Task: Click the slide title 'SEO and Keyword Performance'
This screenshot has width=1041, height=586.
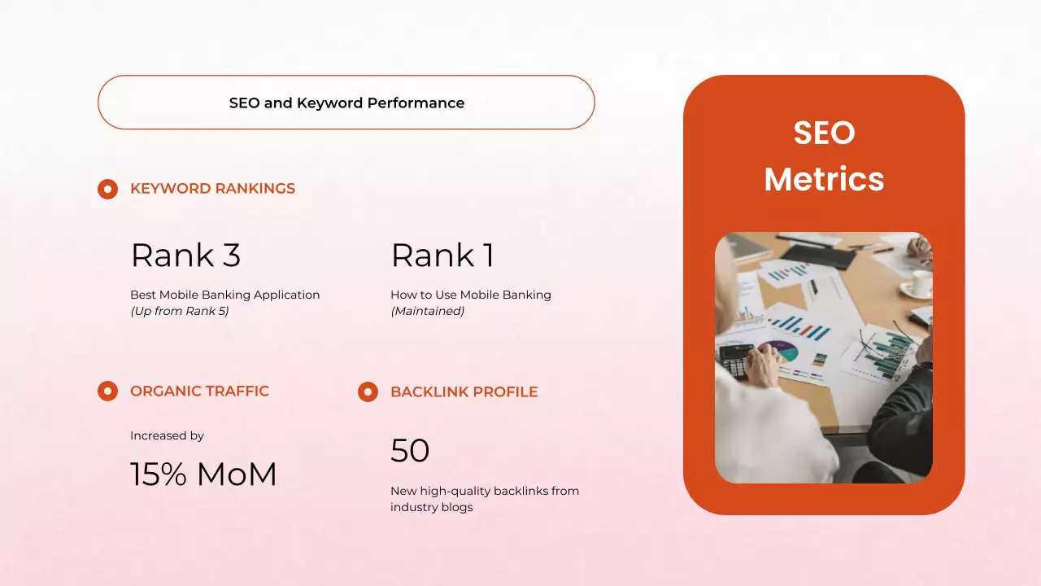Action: click(346, 103)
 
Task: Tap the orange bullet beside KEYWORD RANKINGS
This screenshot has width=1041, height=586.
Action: click(107, 189)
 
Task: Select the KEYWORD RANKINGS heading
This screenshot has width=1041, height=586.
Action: click(212, 189)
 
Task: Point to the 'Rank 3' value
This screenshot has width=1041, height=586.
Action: click(185, 256)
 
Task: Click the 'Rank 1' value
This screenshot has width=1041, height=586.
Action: click(442, 256)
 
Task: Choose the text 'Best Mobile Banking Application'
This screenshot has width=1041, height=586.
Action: click(224, 295)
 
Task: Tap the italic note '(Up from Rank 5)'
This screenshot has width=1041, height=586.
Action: click(179, 311)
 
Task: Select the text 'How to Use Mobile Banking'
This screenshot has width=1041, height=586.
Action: click(470, 295)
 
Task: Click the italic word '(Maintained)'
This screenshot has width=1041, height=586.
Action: click(427, 311)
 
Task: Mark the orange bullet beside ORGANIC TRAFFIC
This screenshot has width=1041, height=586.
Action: click(107, 391)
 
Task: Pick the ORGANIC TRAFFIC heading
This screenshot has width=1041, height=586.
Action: click(199, 391)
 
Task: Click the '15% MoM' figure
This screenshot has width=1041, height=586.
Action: click(203, 474)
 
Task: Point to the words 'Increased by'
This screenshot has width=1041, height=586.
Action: click(167, 435)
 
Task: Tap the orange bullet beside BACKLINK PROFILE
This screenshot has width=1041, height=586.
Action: click(368, 392)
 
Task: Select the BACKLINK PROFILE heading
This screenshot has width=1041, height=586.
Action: click(464, 392)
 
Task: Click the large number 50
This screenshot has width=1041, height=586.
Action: click(410, 451)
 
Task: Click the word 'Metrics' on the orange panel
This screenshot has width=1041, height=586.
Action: click(824, 179)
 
